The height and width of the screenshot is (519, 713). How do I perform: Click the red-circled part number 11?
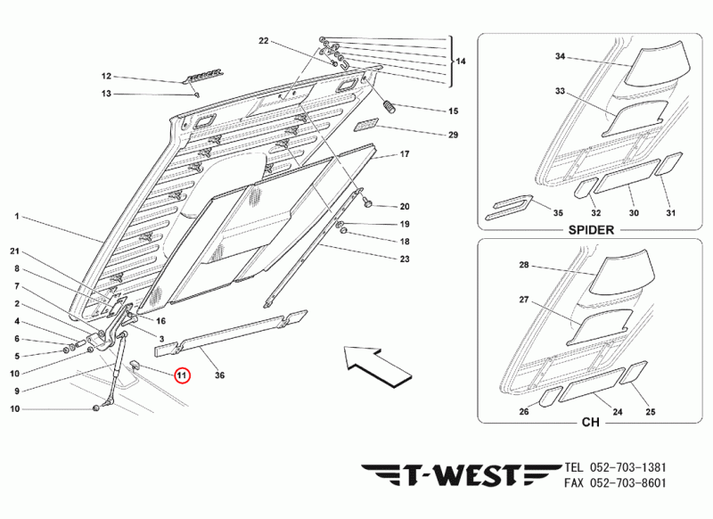pyautogui.click(x=182, y=375)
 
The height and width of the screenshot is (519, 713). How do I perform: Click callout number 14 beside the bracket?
pyautogui.click(x=461, y=62)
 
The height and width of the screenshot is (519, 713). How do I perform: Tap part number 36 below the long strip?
pyautogui.click(x=219, y=375)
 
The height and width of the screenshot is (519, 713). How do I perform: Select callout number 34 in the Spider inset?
pyautogui.click(x=560, y=57)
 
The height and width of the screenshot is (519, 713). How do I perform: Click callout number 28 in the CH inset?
pyautogui.click(x=524, y=266)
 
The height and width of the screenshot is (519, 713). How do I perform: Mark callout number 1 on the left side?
pyautogui.click(x=17, y=217)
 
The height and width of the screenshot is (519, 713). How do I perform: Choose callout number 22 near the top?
pyautogui.click(x=263, y=41)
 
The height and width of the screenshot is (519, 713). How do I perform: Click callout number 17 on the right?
pyautogui.click(x=404, y=154)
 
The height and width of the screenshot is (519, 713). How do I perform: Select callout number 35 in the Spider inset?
pyautogui.click(x=558, y=213)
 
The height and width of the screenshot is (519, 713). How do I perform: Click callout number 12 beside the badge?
pyautogui.click(x=104, y=77)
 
